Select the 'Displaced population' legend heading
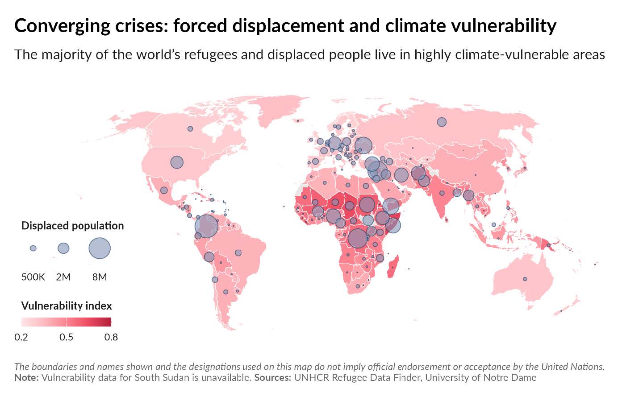click(72, 226)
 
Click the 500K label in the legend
click(33, 277)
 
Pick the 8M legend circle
click(100, 248)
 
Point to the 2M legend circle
click(63, 248)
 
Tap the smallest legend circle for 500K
click(33, 248)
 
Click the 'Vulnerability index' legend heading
click(67, 306)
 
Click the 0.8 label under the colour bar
click(111, 337)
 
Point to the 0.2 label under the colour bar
click(21, 337)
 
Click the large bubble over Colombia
click(206, 226)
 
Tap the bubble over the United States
click(177, 162)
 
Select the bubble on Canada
click(190, 128)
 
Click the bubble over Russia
click(442, 122)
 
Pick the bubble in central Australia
click(525, 279)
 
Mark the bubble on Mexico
click(164, 190)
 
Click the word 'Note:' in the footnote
click(26, 378)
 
